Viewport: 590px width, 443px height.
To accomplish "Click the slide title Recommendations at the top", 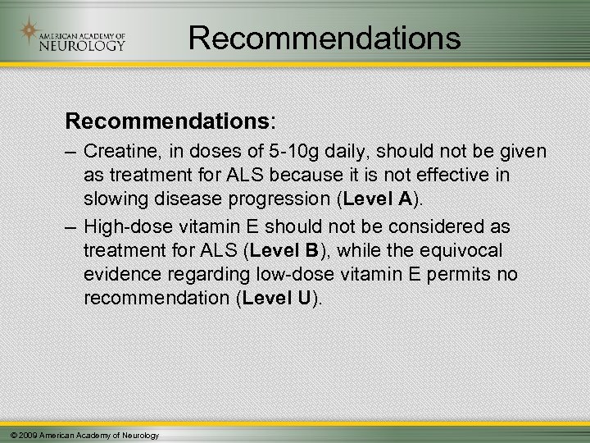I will (x=324, y=38).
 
